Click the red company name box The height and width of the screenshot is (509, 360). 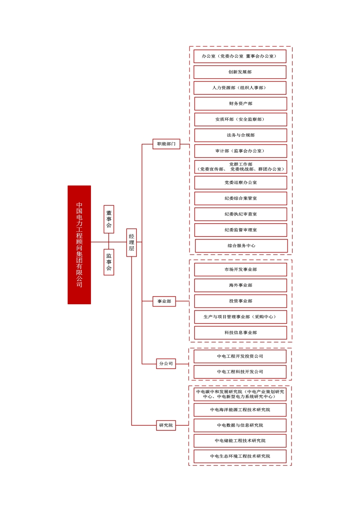tap(79, 244)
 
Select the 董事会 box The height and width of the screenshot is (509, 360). tap(109, 219)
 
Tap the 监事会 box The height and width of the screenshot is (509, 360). tap(109, 262)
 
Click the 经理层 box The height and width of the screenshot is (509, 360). tap(131, 242)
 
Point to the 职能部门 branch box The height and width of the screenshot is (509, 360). tap(166, 144)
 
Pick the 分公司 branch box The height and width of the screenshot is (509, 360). tap(166, 363)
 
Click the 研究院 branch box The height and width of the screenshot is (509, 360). tap(166, 425)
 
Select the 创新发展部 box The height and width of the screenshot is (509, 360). tap(240, 72)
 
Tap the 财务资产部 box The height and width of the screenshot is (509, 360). tap(240, 104)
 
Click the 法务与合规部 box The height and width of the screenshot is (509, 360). tap(240, 135)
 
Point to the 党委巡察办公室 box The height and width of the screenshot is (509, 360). tap(240, 182)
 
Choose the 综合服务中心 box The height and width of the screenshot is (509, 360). tap(241, 246)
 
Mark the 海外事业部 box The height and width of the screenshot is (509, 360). tap(240, 285)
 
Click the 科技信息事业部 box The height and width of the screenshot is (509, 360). tap(240, 333)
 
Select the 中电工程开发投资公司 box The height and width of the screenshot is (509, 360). tap(240, 356)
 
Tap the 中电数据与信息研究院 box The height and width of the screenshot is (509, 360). tap(240, 425)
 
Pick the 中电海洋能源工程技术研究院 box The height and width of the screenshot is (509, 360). tap(240, 410)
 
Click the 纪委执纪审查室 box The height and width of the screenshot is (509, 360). tap(240, 214)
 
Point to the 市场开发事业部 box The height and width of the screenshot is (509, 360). tap(240, 270)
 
